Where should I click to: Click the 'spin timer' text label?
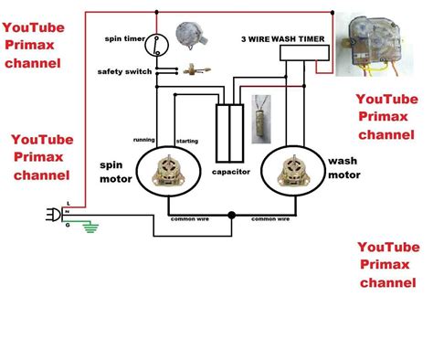coord(124,39)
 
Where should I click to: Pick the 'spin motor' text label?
coord(115,173)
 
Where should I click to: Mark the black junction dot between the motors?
coord(231,216)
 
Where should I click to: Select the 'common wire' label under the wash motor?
coord(271,220)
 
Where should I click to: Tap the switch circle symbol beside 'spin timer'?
coord(158,42)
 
